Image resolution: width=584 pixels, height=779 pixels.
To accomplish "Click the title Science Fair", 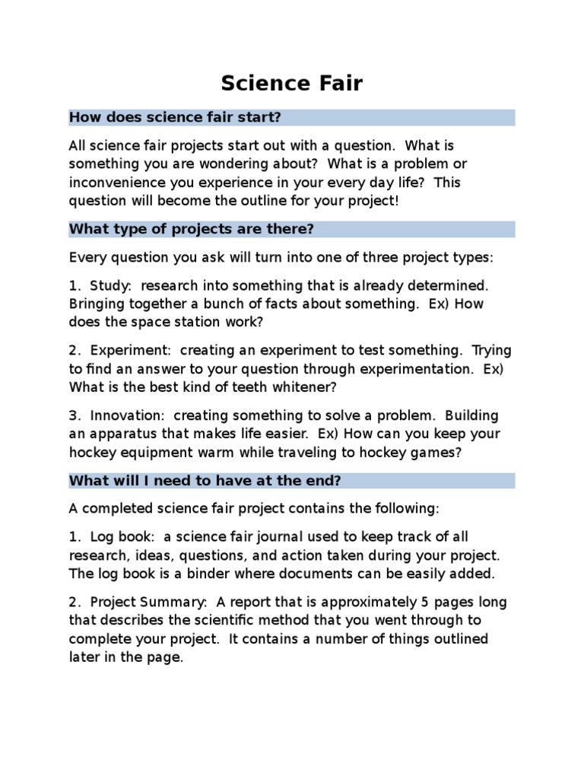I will click(292, 83).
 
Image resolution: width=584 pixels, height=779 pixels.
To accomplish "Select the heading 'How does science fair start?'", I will click(175, 117).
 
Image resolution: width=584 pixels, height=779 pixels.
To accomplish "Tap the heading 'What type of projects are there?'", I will click(191, 229).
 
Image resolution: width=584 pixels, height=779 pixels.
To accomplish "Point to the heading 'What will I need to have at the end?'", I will click(205, 480).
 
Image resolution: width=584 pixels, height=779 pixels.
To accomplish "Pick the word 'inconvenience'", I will click(113, 183).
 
